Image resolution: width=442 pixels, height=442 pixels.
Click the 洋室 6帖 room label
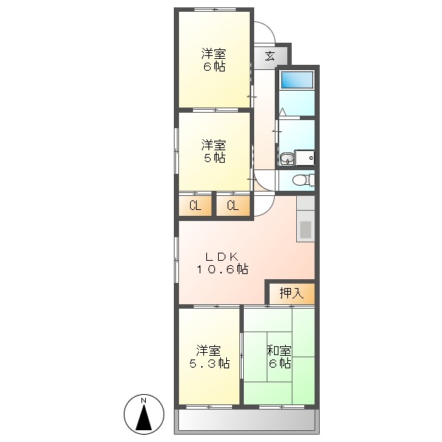pos(214,60)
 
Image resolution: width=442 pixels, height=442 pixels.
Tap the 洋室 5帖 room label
pos(214,151)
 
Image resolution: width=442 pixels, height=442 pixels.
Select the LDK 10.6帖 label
pos(220,263)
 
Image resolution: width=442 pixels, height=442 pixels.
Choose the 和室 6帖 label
pos(278,357)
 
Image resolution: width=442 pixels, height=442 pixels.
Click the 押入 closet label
pos(291,292)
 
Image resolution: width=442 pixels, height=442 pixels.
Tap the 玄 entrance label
pos(270,56)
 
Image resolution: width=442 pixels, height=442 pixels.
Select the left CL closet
pos(195,206)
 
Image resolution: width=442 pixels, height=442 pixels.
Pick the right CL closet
pos(233,206)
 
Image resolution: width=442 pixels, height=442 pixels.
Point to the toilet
pos(302,180)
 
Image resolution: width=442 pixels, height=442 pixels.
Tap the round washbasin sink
pos(286,158)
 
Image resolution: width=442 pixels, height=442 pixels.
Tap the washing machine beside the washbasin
pos(305,158)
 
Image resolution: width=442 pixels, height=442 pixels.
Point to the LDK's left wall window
pos(177,260)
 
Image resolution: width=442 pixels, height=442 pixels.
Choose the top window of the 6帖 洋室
pos(215,9)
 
